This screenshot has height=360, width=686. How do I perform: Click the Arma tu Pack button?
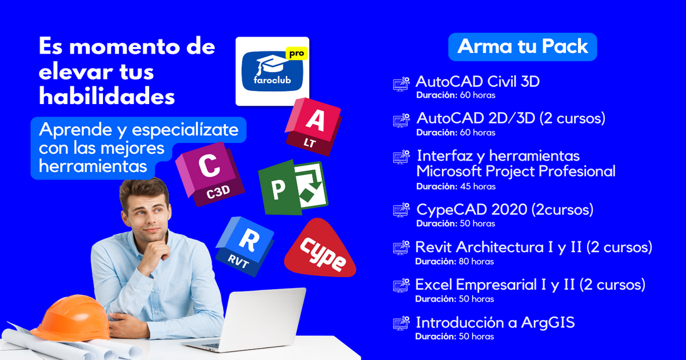tap(523, 47)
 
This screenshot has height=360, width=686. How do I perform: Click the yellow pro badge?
tap(296, 54)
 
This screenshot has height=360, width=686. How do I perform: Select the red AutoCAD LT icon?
tap(314, 126)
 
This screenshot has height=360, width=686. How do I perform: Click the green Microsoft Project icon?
tap(293, 188)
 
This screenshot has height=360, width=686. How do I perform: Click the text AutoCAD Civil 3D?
tap(477, 82)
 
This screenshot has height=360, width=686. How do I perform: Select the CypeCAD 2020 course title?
tap(505, 210)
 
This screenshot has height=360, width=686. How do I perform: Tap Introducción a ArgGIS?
tap(495, 322)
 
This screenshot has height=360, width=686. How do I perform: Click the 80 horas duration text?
tap(476, 262)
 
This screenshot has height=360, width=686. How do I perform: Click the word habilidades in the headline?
tap(107, 97)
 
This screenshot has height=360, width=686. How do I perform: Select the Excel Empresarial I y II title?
tap(530, 285)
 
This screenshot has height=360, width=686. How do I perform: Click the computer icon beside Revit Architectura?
tap(401, 247)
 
